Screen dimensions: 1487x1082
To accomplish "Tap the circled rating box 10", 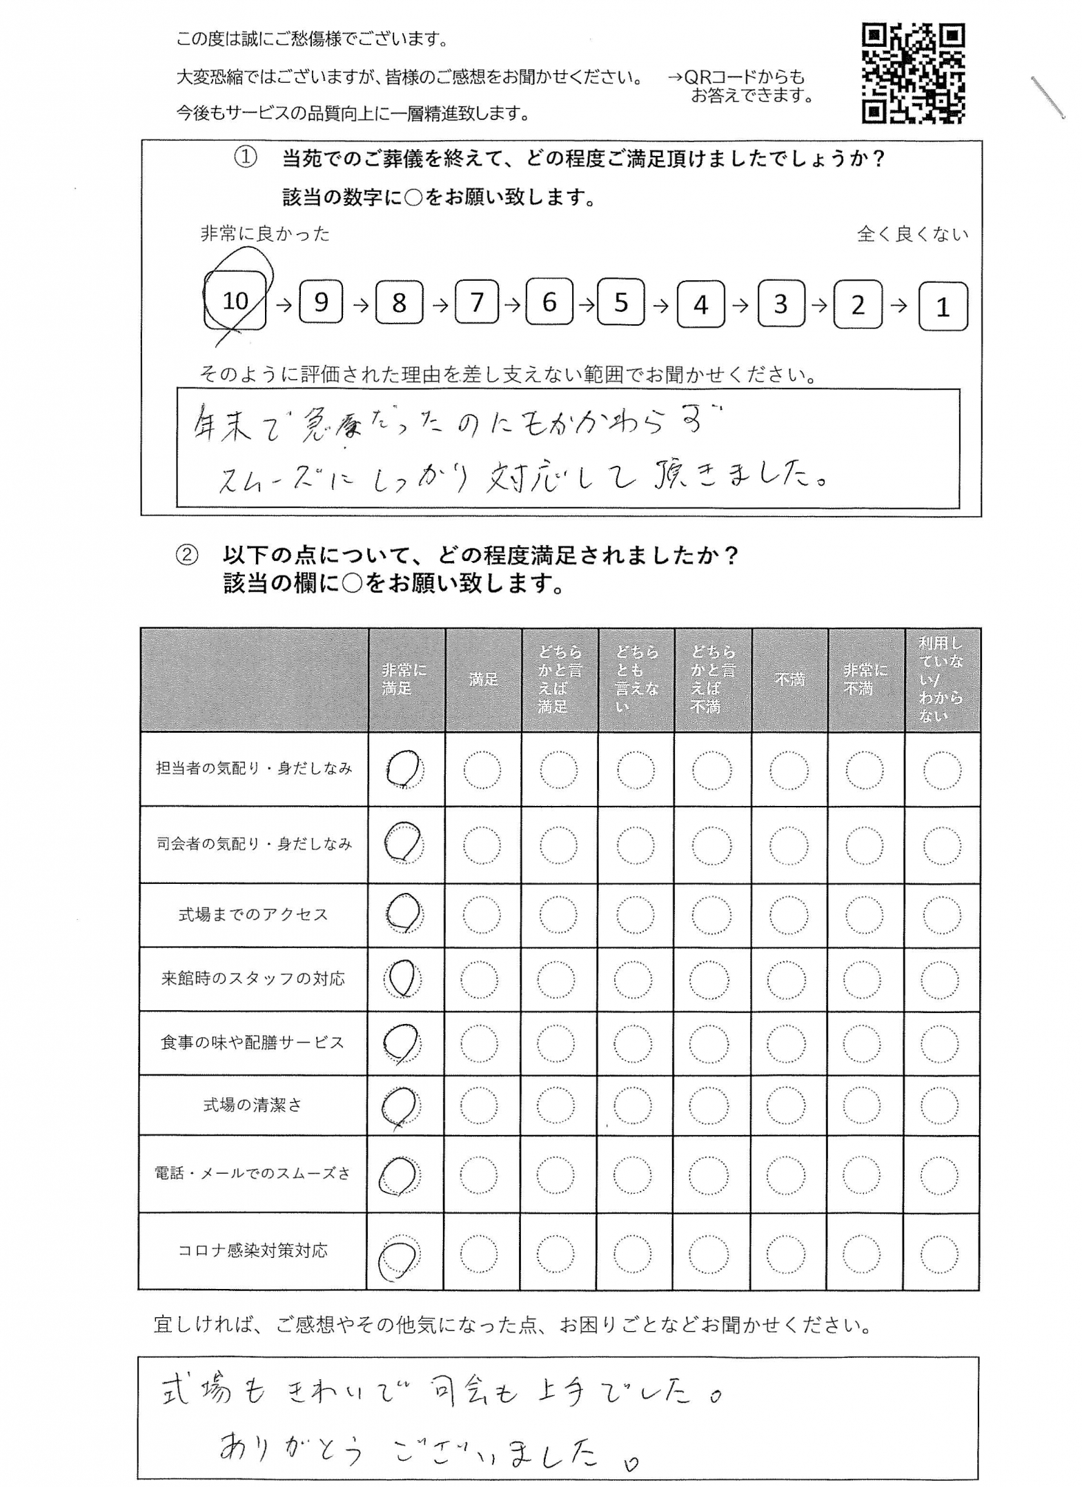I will coord(235,300).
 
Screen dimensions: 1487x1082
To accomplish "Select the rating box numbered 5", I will coord(621,302).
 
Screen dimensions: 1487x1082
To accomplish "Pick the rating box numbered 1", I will coord(943,306).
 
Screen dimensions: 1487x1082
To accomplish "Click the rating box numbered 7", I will coord(476,302).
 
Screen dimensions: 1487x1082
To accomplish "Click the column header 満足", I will coord(483,680).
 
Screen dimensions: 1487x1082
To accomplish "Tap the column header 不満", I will coord(789,680).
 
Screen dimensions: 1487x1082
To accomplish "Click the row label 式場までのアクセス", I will coord(253,915).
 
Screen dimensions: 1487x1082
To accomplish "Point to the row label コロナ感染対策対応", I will coord(253,1250).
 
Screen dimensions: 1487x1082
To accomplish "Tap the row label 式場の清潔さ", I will coord(253,1105).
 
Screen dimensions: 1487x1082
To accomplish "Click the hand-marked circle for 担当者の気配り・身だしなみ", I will coord(404,769).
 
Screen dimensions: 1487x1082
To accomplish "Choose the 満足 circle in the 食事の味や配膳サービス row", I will coord(479,1043).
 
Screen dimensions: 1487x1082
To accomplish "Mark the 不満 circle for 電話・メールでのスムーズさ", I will coord(785,1175).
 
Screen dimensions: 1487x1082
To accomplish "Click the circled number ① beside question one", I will coord(246,159).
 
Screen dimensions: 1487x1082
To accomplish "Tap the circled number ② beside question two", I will coord(186,555).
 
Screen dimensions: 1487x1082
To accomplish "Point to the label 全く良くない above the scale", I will coord(912,235).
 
